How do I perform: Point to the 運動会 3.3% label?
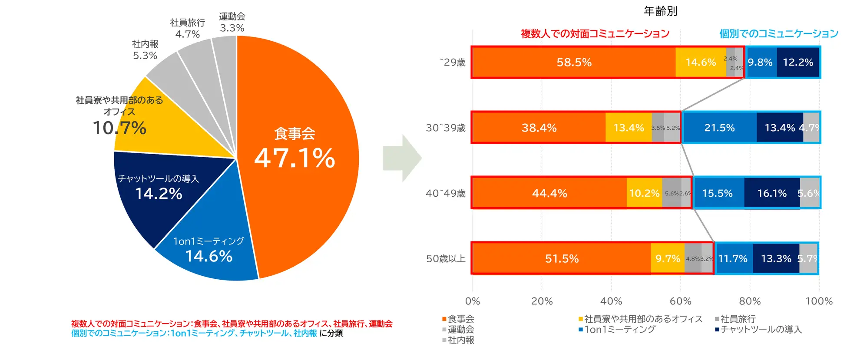tap(232, 22)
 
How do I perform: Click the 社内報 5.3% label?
tap(145, 50)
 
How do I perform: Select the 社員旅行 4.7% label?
tap(187, 28)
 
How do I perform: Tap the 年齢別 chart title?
tap(660, 11)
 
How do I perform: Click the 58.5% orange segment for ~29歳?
tap(573, 63)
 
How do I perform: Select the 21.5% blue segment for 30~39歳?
tap(719, 128)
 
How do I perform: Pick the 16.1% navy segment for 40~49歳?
tap(771, 193)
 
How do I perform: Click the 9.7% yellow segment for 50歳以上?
tap(668, 259)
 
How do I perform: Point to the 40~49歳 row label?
tap(445, 193)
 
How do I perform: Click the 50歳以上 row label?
tap(445, 259)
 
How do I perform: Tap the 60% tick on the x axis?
tap(680, 301)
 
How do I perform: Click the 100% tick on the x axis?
tap(819, 301)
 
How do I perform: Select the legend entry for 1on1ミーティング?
tap(619, 330)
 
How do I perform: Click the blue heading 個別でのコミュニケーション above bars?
tap(778, 33)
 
